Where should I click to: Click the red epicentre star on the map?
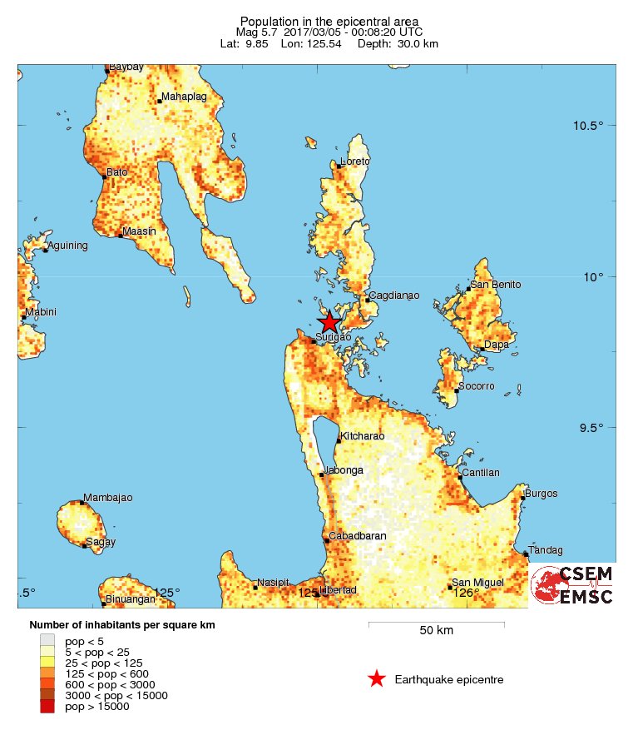pos(329,322)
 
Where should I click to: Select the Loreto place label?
pos(355,161)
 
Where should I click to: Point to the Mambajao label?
pos(107,498)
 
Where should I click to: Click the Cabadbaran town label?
pos(358,536)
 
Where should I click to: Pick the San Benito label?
pos(496,285)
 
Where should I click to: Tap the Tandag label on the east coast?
pos(546,549)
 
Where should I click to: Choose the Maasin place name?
pos(139,231)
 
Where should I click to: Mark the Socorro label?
pos(477,386)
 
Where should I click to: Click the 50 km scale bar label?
pos(436,631)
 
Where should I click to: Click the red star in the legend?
pos(377,679)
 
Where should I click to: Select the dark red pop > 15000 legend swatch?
pos(47,707)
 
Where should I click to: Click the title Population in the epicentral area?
pos(329,21)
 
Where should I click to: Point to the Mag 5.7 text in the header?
pos(257,32)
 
